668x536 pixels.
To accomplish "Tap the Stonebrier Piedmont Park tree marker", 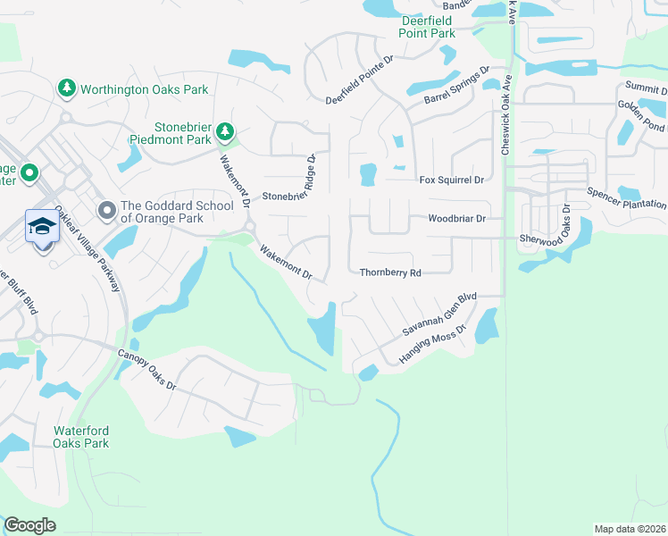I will [226, 132].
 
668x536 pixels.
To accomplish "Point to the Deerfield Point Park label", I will [428, 27].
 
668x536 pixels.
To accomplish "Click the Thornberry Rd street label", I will [389, 272].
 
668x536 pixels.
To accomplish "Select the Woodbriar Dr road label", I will [456, 218].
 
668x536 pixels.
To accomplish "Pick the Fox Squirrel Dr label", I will [451, 180].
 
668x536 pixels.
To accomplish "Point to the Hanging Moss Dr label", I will [433, 344].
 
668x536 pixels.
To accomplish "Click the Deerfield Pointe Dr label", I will [360, 84].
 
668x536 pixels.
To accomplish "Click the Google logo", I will [29, 524].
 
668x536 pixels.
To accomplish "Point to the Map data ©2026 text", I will [629, 529].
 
